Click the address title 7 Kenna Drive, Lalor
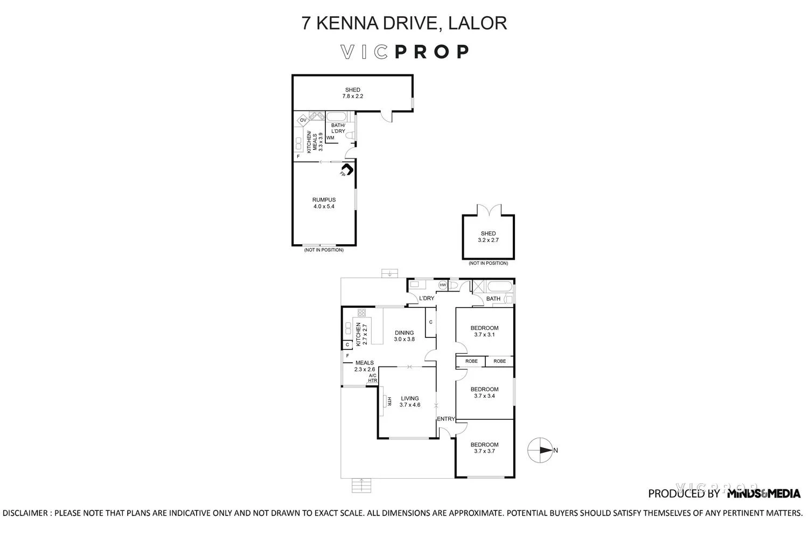pyautogui.click(x=404, y=23)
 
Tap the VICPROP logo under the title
pyautogui.click(x=404, y=52)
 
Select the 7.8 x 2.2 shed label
pyautogui.click(x=353, y=93)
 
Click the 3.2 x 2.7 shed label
pyautogui.click(x=488, y=237)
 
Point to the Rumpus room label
pyautogui.click(x=324, y=203)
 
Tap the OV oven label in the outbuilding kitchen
pyautogui.click(x=303, y=120)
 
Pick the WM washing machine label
pyautogui.click(x=330, y=138)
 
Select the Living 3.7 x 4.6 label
pyautogui.click(x=409, y=402)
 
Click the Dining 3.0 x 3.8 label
pyautogui.click(x=404, y=336)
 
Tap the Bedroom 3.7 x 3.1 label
pyautogui.click(x=484, y=331)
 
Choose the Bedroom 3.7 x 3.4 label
pyautogui.click(x=484, y=392)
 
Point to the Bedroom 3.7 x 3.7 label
pyautogui.click(x=484, y=448)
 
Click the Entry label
pyautogui.click(x=446, y=419)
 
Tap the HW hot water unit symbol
pyautogui.click(x=443, y=285)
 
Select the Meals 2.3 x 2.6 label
pyautogui.click(x=365, y=366)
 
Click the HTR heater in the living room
pyautogui.click(x=387, y=402)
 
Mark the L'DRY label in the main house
pyautogui.click(x=427, y=299)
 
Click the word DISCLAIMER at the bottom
pyautogui.click(x=26, y=513)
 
